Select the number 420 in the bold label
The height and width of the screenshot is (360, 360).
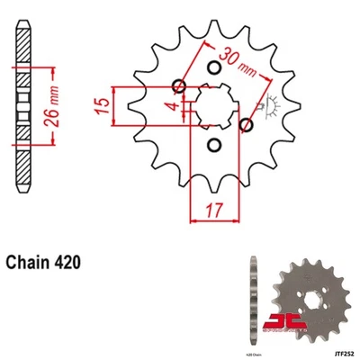[x=70, y=264]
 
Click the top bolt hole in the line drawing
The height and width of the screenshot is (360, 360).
[x=213, y=68]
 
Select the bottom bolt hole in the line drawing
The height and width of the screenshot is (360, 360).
[x=213, y=144]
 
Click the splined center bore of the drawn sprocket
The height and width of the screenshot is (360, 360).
[x=213, y=105]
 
